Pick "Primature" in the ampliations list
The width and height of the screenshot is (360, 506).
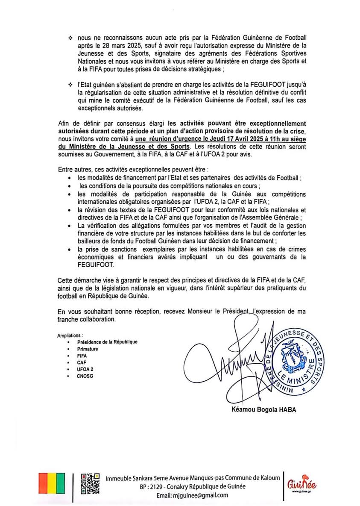pos(88,349)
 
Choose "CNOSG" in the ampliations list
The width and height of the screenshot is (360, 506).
pos(85,377)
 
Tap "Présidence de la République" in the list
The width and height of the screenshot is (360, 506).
pos(107,342)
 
